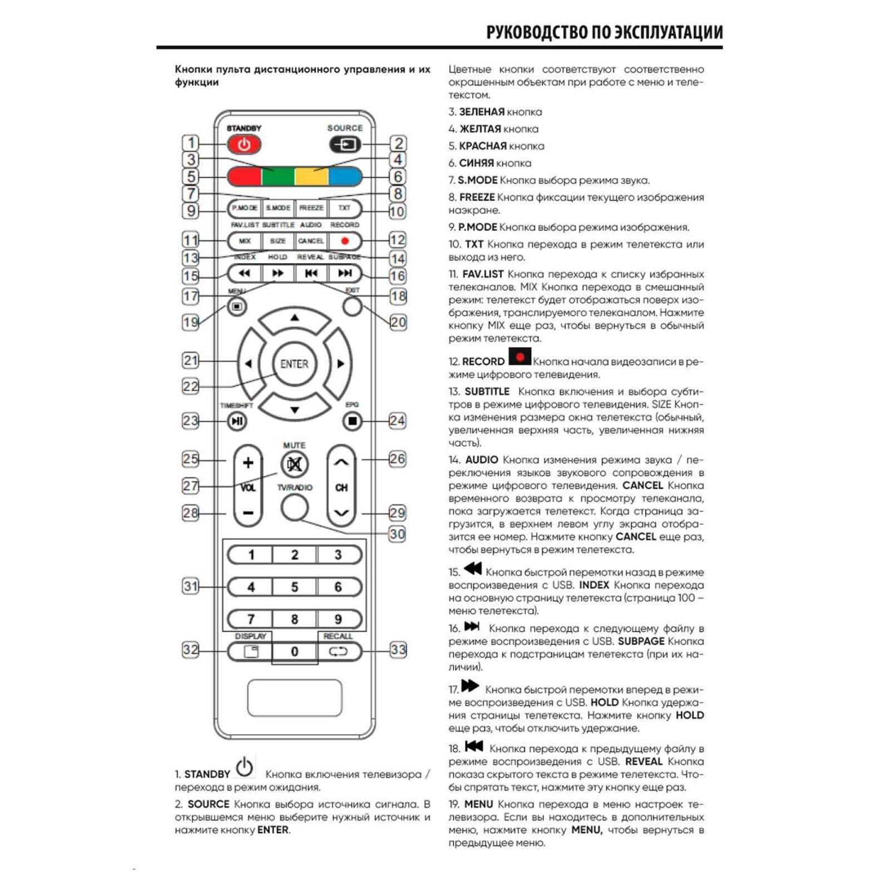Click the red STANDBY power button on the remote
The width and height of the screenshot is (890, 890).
[x=244, y=145]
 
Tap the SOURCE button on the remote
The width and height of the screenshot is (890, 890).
[x=345, y=145]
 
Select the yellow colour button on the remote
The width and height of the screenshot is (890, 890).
[x=311, y=176]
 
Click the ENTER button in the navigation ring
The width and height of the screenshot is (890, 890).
[x=294, y=364]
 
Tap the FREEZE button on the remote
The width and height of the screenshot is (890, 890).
[x=311, y=208]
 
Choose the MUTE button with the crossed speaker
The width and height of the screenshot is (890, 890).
[x=294, y=464]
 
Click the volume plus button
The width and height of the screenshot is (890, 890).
[x=248, y=463]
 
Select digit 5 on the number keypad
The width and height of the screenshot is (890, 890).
[x=294, y=587]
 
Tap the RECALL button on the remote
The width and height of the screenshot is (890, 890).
[x=338, y=651]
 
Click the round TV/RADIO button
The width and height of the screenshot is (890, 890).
[x=294, y=507]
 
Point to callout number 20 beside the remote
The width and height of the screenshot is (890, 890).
[x=398, y=322]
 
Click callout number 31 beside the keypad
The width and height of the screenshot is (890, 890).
[x=190, y=586]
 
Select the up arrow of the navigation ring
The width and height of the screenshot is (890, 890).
[x=294, y=319]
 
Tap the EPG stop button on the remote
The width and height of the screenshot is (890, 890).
[x=352, y=421]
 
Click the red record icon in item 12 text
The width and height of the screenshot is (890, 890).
[x=520, y=357]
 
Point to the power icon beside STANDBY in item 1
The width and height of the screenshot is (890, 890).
[x=245, y=768]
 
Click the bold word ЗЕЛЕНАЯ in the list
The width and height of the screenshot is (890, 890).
[x=482, y=112]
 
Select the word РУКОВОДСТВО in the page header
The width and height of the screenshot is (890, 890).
[x=537, y=32]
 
